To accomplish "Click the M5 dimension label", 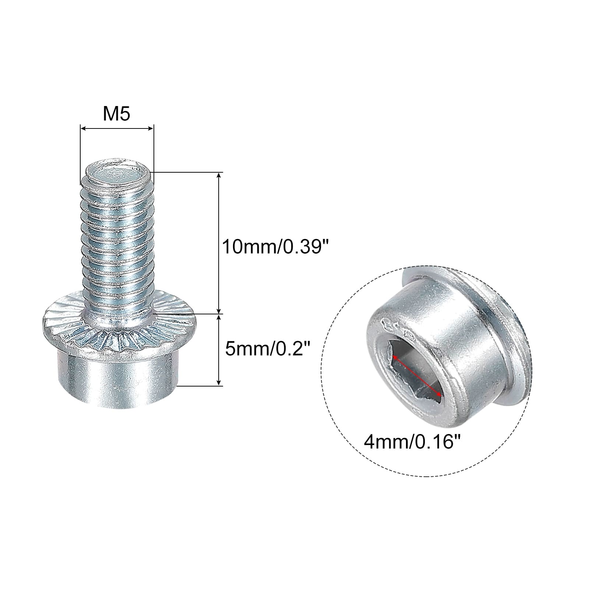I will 116,114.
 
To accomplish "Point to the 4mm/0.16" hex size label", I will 412,441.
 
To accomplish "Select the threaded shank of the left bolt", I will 117,239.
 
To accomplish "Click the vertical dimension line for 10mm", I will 219,243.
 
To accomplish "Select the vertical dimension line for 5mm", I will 219,350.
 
